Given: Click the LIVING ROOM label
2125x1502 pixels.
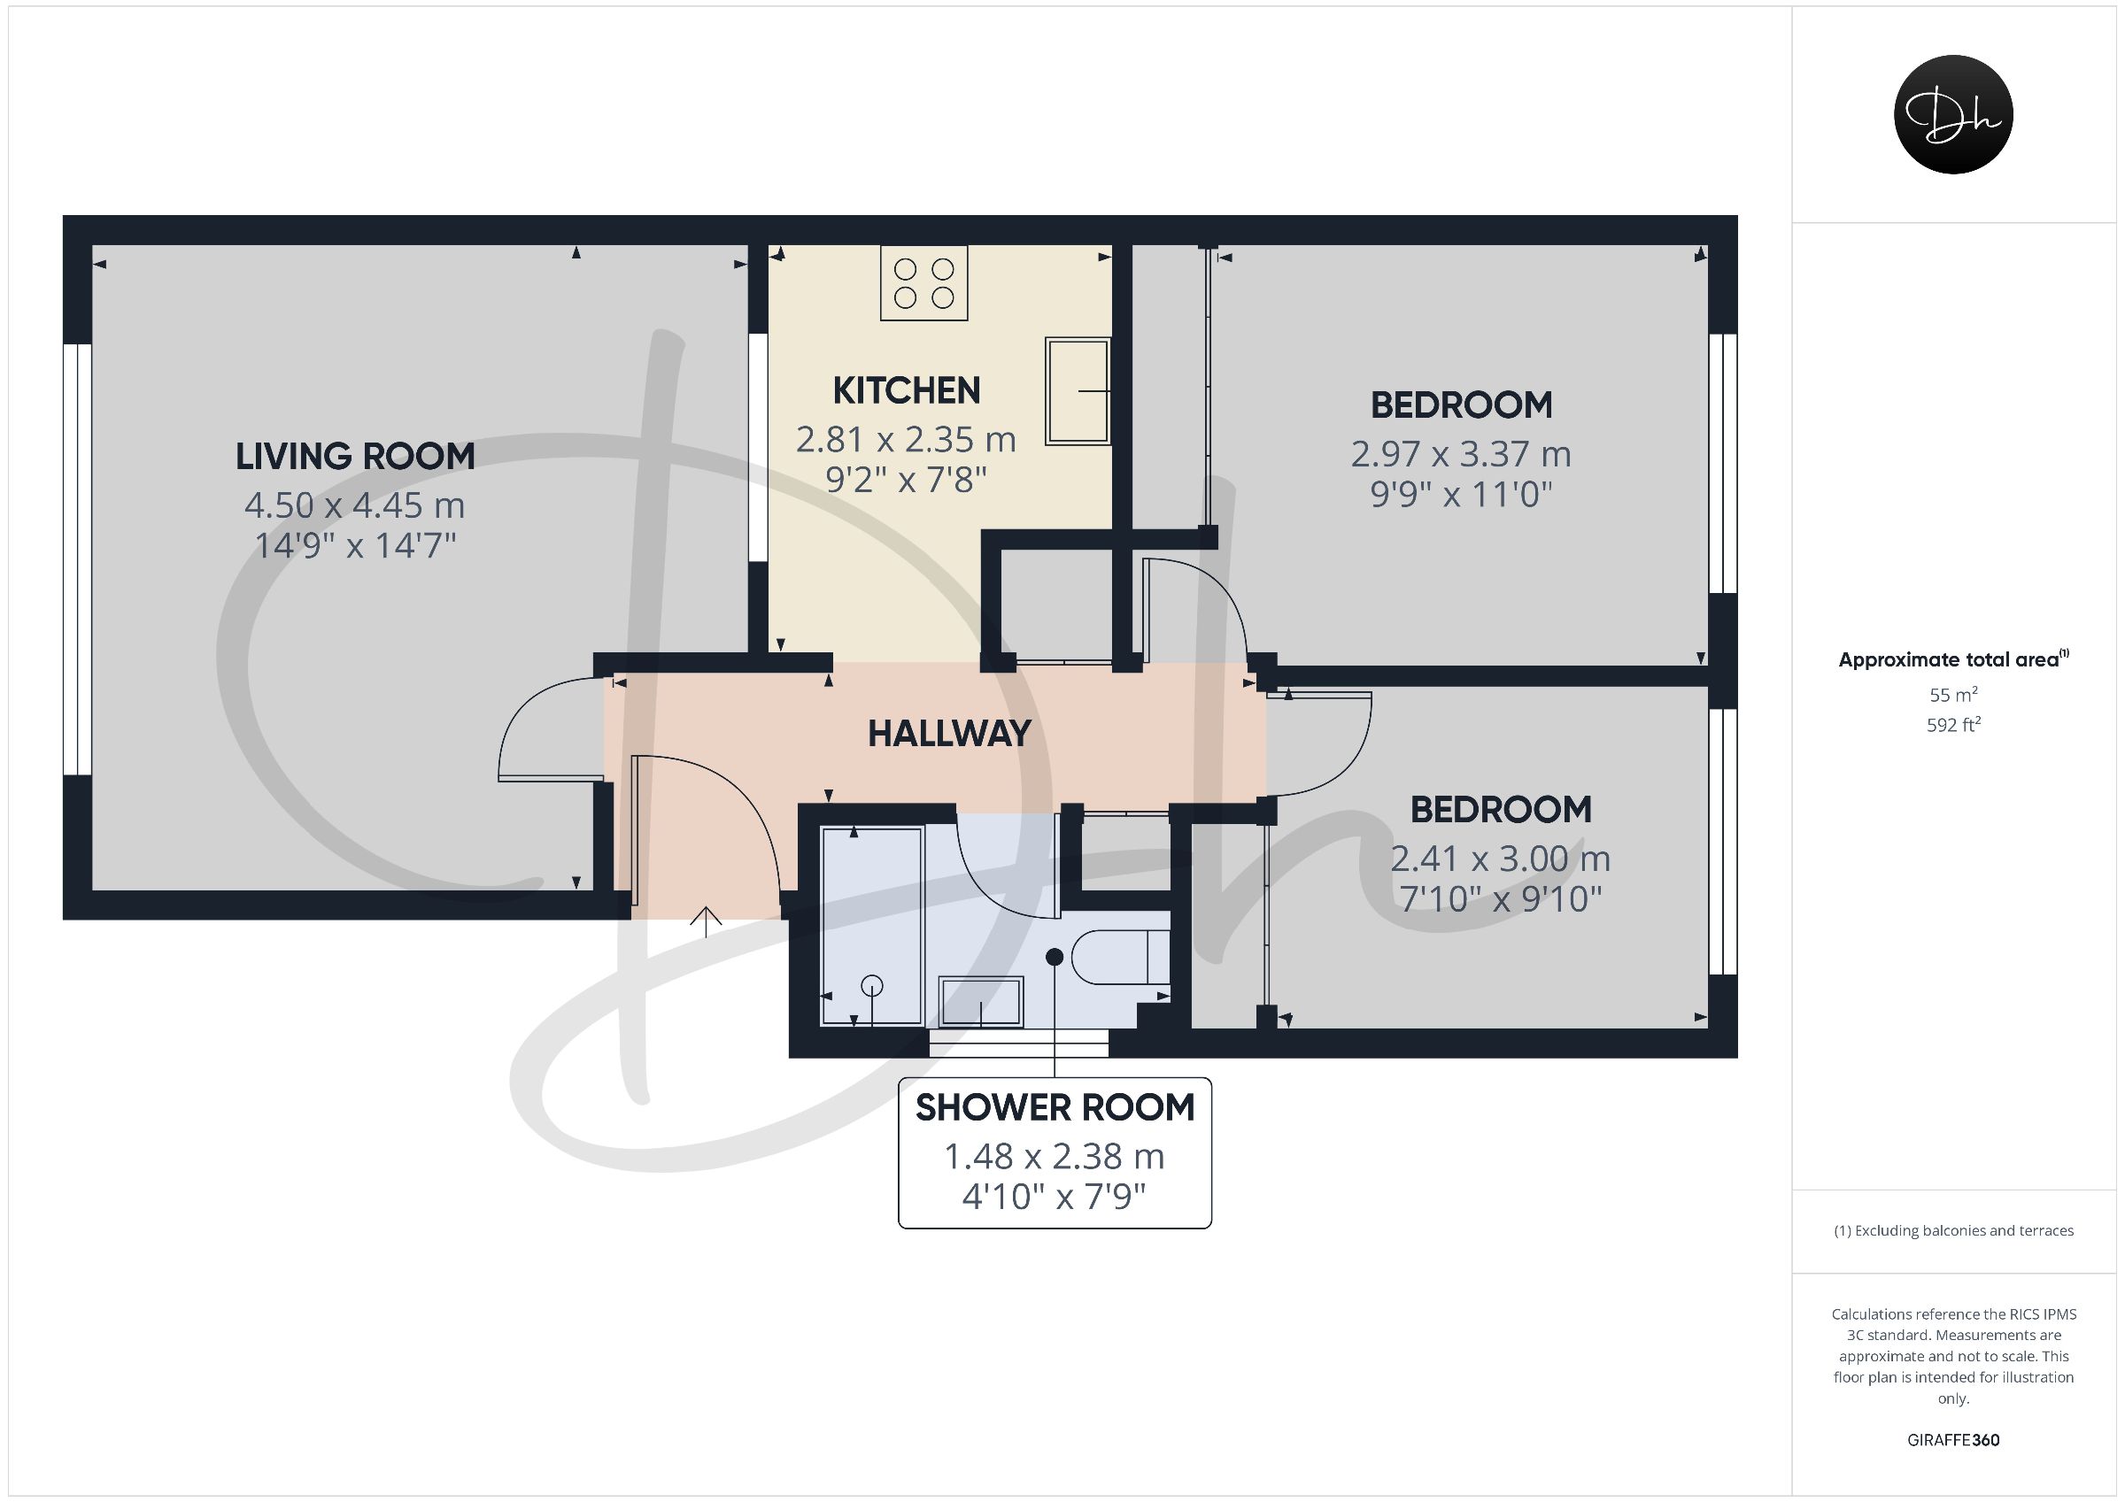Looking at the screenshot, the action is pyautogui.click(x=355, y=456).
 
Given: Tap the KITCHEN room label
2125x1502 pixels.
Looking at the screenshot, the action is pyautogui.click(x=906, y=390).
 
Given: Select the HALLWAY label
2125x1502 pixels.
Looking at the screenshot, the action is pyautogui.click(x=948, y=734).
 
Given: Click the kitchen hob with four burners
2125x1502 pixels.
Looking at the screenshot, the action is pyautogui.click(x=923, y=283).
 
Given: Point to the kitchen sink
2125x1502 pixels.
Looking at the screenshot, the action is pyautogui.click(x=1078, y=390).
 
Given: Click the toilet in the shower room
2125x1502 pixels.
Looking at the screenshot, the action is pyautogui.click(x=1121, y=956).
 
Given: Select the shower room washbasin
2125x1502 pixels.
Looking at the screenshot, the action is pyautogui.click(x=981, y=1001).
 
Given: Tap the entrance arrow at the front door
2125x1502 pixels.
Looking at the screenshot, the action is pyautogui.click(x=707, y=921).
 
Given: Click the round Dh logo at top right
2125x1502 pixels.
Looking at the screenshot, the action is pyautogui.click(x=1953, y=114).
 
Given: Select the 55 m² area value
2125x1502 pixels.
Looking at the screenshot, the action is pyautogui.click(x=1953, y=694).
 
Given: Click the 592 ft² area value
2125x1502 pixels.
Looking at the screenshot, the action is pyautogui.click(x=1953, y=725).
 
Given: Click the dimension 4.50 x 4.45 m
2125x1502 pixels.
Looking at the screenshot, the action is pyautogui.click(x=355, y=505).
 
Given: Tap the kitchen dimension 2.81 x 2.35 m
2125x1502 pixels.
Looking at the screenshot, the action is pyautogui.click(x=906, y=440).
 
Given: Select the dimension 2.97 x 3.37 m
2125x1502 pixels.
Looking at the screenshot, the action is pyautogui.click(x=1460, y=454).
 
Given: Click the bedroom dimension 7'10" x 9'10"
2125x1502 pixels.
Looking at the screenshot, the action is pyautogui.click(x=1500, y=898).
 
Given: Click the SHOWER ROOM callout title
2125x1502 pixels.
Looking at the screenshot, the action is pyautogui.click(x=1055, y=1108).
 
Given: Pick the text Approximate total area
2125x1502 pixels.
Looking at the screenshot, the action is pyautogui.click(x=1948, y=660).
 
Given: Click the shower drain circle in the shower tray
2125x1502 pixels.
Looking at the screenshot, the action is pyautogui.click(x=872, y=987).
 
